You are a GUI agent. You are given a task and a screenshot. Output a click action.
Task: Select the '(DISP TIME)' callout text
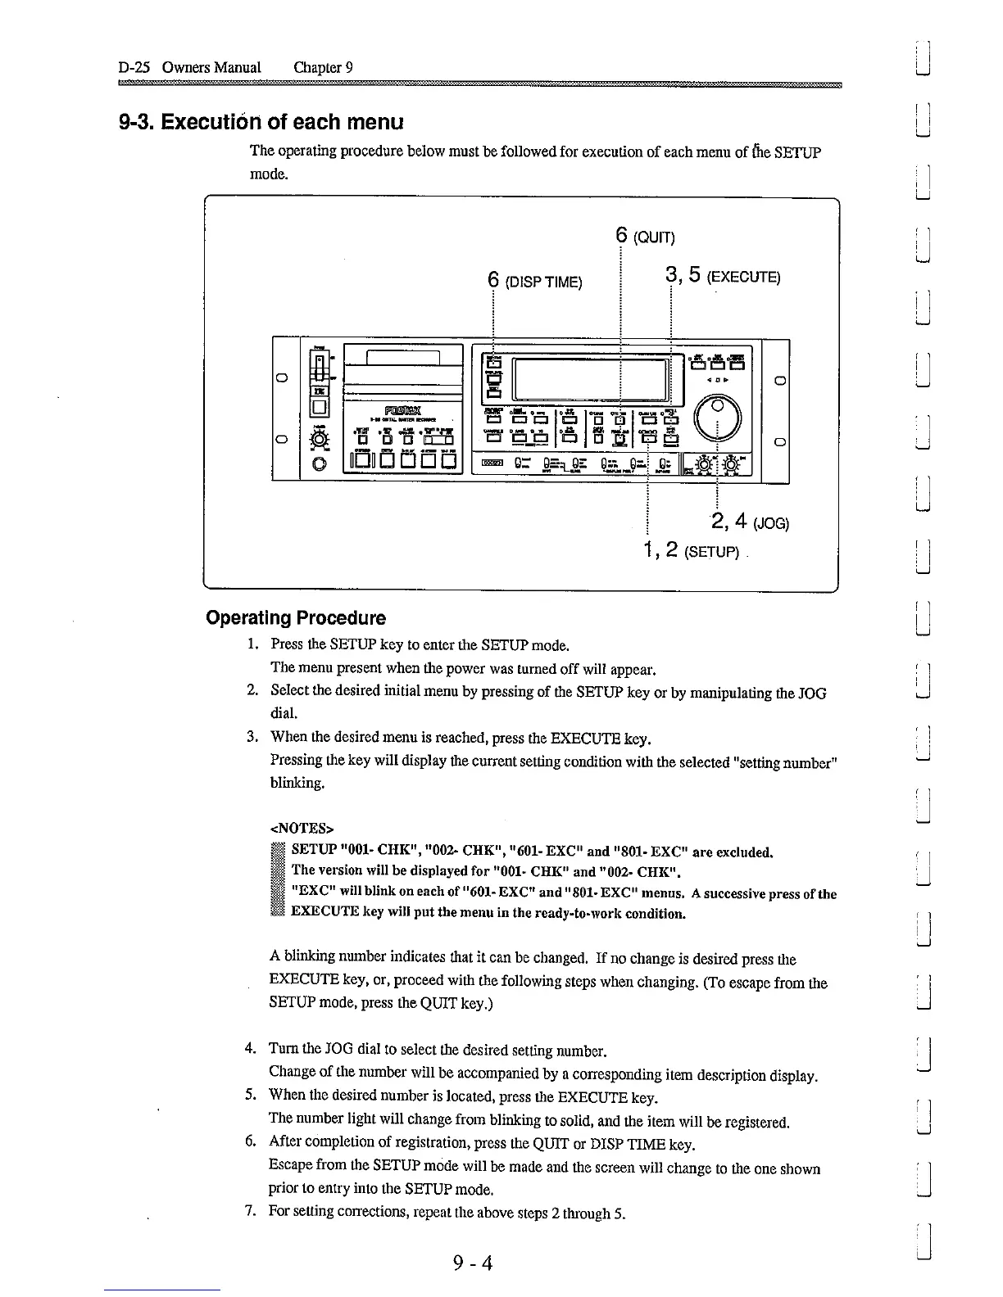[543, 282]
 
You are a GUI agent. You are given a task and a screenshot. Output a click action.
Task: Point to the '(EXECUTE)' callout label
[744, 277]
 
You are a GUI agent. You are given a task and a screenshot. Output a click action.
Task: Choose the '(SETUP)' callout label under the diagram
[711, 552]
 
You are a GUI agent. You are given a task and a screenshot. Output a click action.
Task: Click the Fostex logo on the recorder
[402, 410]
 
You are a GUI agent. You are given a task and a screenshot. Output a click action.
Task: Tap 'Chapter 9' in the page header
[323, 67]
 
